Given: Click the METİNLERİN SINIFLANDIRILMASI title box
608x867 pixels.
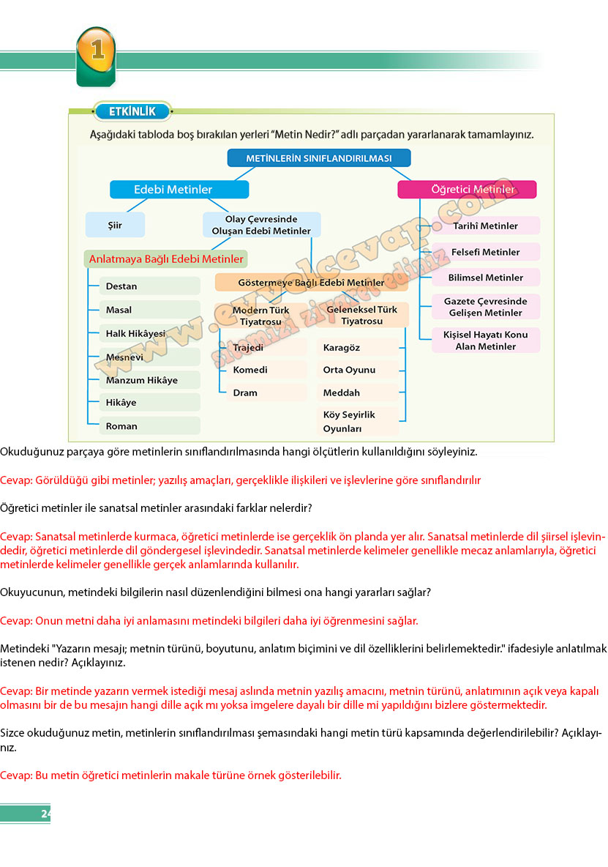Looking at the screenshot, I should [318, 158].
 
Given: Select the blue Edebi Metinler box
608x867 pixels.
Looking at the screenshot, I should [179, 190].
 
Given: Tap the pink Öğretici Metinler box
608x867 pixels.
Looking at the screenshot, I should [467, 190].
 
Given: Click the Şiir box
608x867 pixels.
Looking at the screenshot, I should [115, 225].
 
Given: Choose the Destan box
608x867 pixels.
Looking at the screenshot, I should [149, 286].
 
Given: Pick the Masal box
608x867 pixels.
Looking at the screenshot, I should [149, 310].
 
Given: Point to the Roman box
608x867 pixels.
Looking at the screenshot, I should [149, 425].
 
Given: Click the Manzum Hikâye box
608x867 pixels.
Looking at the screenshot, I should [149, 380].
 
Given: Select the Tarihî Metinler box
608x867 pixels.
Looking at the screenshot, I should [486, 226].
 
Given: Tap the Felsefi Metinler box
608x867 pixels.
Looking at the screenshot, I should [486, 252].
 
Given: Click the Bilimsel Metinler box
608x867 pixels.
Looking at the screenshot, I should [486, 278].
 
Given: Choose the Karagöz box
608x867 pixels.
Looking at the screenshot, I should [359, 347].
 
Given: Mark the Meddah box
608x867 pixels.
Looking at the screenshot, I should [359, 392].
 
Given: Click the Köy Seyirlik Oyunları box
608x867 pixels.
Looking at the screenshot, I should [359, 422].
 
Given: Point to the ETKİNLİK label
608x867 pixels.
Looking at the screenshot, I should [132, 111].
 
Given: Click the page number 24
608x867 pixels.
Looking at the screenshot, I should [46, 814].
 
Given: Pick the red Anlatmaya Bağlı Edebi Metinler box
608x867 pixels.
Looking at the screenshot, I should [165, 259].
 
